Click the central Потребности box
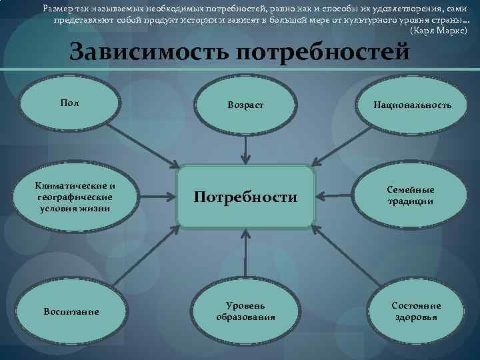245,196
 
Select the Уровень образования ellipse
245,311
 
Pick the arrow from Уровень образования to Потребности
245,248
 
